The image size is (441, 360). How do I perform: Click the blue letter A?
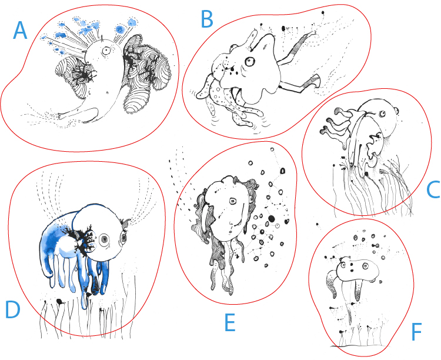coord(20,31)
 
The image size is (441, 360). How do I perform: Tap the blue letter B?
coord(208,19)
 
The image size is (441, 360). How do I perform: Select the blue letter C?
coord(433,190)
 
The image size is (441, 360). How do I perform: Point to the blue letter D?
coord(13,309)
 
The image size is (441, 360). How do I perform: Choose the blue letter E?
coord(230,322)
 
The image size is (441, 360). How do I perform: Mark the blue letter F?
coord(416,332)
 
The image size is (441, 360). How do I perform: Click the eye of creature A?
coord(106,51)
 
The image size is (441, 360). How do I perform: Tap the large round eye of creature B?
coord(250,62)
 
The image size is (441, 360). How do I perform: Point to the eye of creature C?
coord(382,114)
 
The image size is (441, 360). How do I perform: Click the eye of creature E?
coord(233,201)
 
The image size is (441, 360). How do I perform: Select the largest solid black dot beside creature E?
coord(272,219)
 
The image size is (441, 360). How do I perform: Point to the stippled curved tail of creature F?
coord(332,282)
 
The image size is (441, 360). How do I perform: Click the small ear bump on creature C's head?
coord(397,110)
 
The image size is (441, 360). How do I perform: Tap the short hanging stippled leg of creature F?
coord(358,290)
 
